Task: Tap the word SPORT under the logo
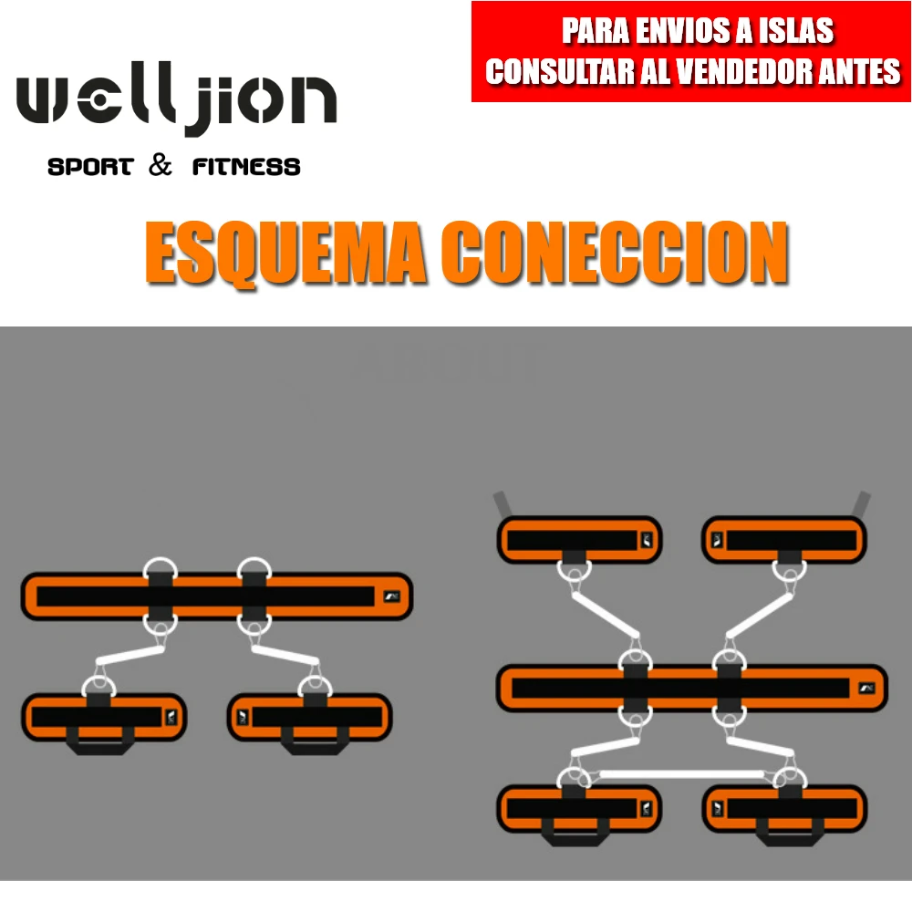(90, 167)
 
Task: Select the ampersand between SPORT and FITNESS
(160, 165)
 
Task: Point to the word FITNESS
(246, 167)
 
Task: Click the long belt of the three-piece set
(216, 596)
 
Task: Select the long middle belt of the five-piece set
(691, 688)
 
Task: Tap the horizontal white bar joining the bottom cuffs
(680, 774)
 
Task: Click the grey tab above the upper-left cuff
(502, 503)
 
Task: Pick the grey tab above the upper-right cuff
(861, 503)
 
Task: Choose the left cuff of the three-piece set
(104, 717)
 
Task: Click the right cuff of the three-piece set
(309, 717)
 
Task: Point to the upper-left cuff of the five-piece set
(579, 540)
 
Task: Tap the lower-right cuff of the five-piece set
(784, 808)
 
